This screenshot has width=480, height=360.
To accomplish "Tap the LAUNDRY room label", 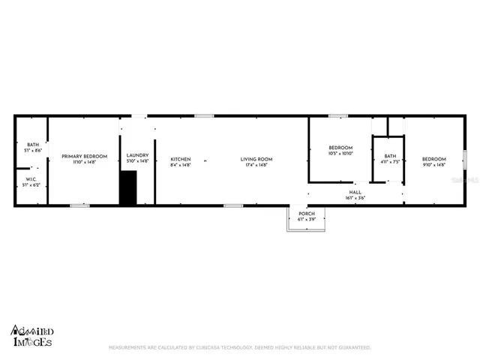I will [137, 155].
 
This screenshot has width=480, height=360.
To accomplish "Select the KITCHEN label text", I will [181, 159].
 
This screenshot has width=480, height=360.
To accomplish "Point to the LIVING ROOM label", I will [256, 159].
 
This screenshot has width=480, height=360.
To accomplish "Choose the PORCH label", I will [307, 214].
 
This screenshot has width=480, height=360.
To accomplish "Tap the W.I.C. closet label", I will [31, 179].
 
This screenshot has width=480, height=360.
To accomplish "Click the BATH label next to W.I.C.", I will [33, 145].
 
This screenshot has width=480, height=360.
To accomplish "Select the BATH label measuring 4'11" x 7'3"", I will [388, 156].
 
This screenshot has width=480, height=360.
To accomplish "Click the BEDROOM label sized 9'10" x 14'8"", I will [433, 159].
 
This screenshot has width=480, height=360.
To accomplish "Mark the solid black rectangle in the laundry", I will [128, 187].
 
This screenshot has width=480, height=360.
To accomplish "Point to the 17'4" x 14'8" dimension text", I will [256, 164].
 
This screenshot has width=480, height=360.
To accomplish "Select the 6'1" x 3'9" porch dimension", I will [307, 219].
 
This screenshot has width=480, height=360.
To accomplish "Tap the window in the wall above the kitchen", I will [203, 115].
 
